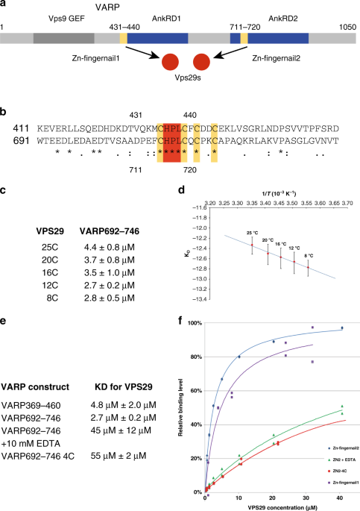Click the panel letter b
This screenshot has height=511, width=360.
pyautogui.click(x=4, y=111)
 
